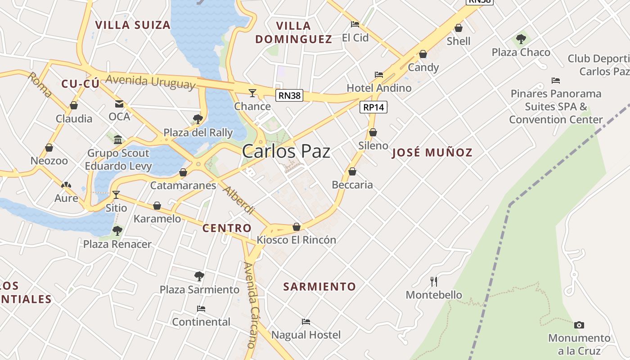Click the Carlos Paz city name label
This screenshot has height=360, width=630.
pos(286,152)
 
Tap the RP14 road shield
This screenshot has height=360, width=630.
pos(373,107)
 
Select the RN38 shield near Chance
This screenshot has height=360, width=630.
pos(289,95)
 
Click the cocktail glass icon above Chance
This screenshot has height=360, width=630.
pos(252,93)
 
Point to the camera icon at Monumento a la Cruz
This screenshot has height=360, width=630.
pos(579,325)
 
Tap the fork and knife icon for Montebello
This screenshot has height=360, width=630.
pos(434,282)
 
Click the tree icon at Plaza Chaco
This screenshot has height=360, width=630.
pos(521,39)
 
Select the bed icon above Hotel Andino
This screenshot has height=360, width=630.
pos(379,75)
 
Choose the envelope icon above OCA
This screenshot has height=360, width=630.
pos(119,104)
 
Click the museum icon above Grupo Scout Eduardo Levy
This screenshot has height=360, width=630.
pos(118,139)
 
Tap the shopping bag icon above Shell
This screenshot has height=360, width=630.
pos(459,28)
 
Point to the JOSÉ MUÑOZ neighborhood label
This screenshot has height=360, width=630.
pos(432,153)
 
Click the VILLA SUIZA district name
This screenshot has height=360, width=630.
pos(133,25)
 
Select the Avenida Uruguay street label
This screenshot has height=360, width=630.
pos(150,82)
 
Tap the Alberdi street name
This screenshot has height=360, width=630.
pos(239,200)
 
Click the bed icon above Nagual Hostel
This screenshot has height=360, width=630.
pos(306,322)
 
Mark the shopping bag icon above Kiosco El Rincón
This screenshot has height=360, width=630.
pos(297,227)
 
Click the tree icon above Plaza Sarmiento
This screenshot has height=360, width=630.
pos(199,276)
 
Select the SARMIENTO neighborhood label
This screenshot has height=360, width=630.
pos(319,287)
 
